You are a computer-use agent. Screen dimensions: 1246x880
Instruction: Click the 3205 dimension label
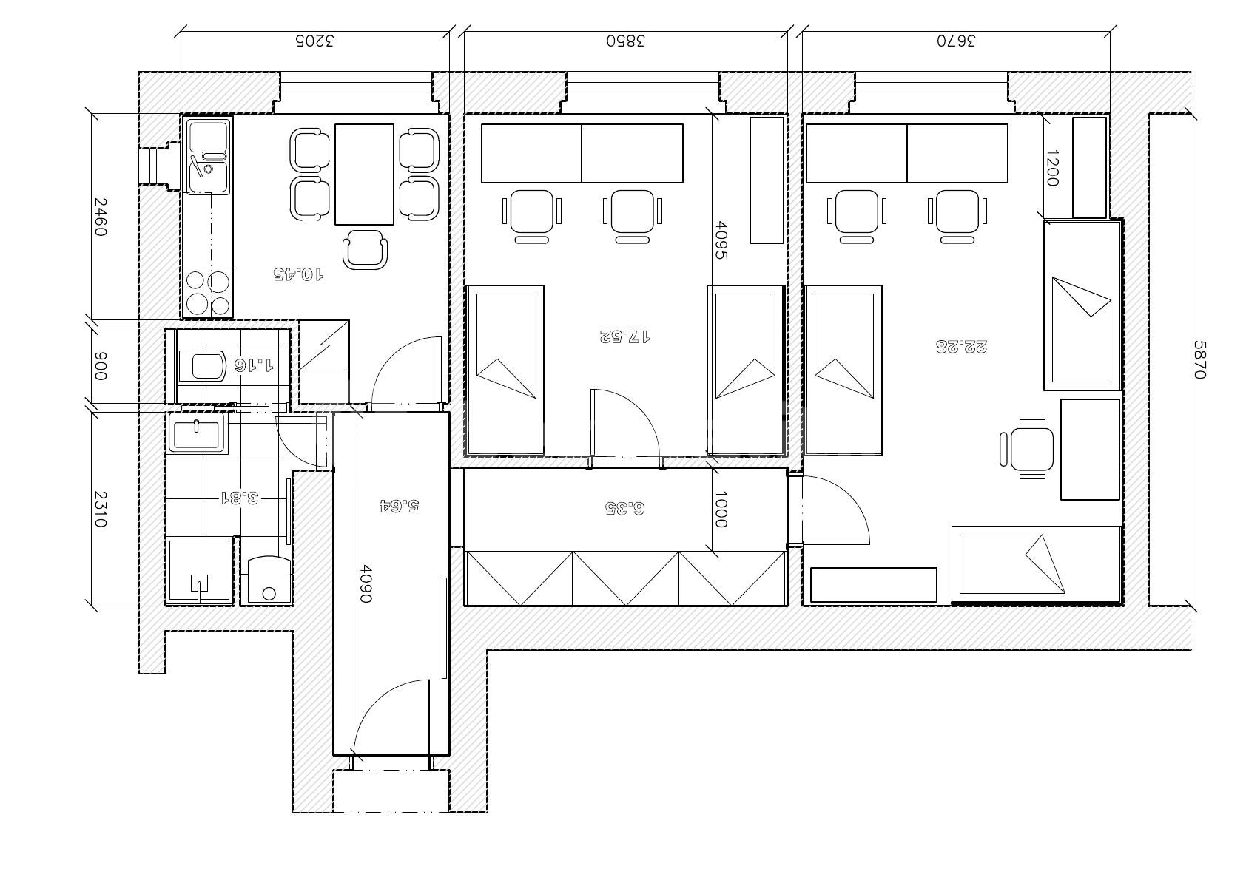[314, 41]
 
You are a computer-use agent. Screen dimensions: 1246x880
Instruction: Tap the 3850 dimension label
[625, 41]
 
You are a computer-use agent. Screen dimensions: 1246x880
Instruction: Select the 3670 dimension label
[956, 41]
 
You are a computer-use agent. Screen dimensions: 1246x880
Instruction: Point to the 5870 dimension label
[1200, 359]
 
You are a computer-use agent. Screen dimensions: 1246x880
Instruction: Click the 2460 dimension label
[99, 217]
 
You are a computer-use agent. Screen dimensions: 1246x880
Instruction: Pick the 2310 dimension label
[99, 509]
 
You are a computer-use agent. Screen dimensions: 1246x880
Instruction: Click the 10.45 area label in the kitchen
[298, 274]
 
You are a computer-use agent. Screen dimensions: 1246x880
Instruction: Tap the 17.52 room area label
[624, 336]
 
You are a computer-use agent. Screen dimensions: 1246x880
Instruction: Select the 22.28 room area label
[961, 347]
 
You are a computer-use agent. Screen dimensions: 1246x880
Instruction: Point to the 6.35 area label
[624, 508]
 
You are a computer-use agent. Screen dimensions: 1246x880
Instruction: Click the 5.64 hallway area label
[400, 506]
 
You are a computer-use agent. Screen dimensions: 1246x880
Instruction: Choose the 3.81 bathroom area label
[240, 497]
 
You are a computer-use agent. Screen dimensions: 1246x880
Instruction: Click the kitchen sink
[208, 155]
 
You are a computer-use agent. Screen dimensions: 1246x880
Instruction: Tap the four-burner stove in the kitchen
[208, 293]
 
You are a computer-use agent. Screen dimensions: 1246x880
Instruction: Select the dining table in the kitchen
[364, 175]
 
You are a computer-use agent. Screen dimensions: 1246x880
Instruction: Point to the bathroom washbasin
[198, 434]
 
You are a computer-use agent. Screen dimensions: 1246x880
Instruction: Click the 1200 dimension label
[1052, 168]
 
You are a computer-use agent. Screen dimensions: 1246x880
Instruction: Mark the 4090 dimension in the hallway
[366, 584]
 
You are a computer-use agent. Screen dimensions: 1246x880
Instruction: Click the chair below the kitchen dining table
[365, 250]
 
